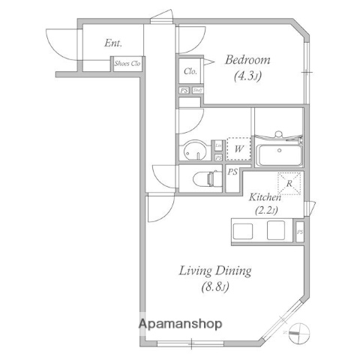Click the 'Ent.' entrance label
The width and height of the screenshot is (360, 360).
pyautogui.click(x=113, y=43)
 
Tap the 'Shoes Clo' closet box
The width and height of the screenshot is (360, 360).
pyautogui.click(x=127, y=64)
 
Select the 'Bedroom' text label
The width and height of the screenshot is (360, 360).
pyautogui.click(x=248, y=59)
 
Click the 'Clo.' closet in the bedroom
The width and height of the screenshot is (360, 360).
pyautogui.click(x=190, y=72)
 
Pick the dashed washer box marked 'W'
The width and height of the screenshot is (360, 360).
pyautogui.click(x=238, y=148)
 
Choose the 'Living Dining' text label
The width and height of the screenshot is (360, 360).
pyautogui.click(x=214, y=271)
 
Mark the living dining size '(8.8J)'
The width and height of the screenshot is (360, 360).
pyautogui.click(x=214, y=286)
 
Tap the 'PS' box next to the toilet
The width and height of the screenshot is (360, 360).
pyautogui.click(x=233, y=172)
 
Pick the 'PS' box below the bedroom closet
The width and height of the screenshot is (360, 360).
pyautogui.click(x=184, y=91)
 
